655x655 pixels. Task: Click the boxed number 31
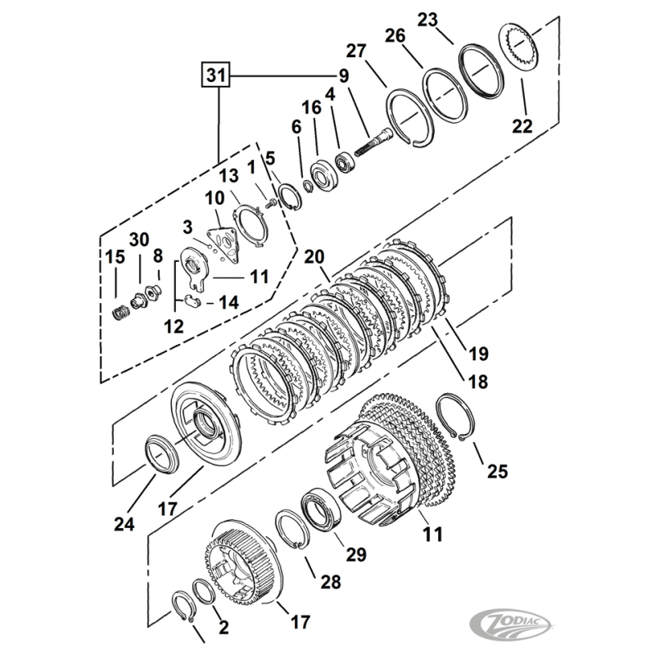pyautogui.click(x=215, y=76)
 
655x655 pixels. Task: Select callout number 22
pyautogui.click(x=522, y=126)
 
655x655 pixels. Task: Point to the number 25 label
pyautogui.click(x=497, y=471)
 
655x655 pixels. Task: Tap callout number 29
pyautogui.click(x=355, y=554)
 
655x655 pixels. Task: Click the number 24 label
pyautogui.click(x=124, y=523)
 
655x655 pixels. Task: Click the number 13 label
pyautogui.click(x=228, y=177)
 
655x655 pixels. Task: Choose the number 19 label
pyautogui.click(x=478, y=354)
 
